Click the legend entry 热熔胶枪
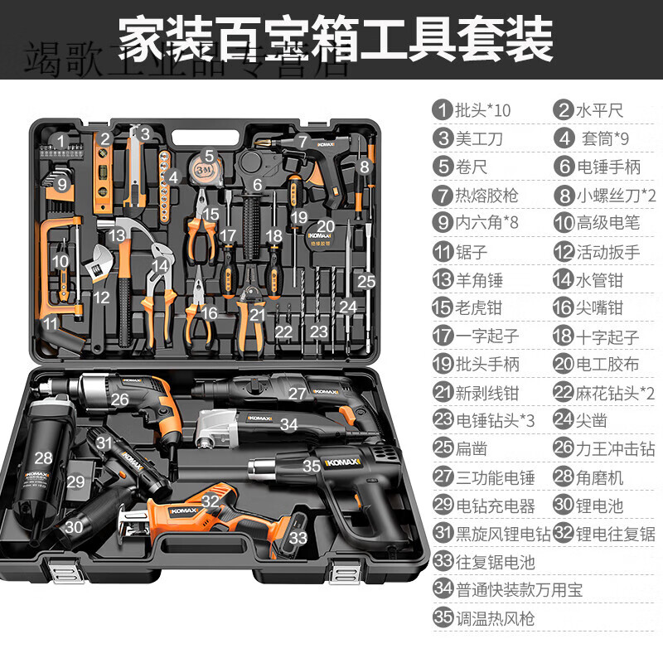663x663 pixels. (x=487, y=195)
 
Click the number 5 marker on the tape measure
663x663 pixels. (x=210, y=154)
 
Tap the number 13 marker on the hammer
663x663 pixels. (x=119, y=236)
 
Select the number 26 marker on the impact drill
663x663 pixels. (x=119, y=399)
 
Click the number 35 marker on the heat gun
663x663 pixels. (x=312, y=467)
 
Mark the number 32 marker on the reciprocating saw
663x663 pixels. (x=211, y=500)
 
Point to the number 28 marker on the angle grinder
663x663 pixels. (x=43, y=457)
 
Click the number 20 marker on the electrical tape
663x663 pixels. (x=326, y=226)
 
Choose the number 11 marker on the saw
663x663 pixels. (x=51, y=322)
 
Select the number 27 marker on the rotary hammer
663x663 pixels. (x=297, y=394)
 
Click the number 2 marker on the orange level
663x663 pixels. (x=105, y=138)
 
